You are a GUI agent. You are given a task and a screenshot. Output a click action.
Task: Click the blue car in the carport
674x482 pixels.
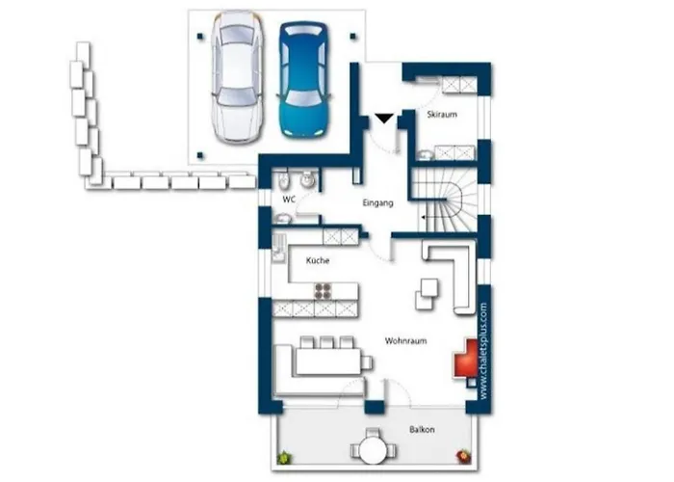pos(304,80)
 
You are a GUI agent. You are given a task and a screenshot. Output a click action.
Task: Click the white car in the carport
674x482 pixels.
pos(237,77)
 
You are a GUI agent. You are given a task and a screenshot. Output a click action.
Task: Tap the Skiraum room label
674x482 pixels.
pos(442,115)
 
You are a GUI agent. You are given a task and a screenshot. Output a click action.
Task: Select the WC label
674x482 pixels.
pos(289,200)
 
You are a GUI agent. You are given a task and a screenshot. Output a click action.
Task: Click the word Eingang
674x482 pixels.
pos(377,202)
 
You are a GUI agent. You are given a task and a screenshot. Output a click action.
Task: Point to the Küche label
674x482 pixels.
pos(318,260)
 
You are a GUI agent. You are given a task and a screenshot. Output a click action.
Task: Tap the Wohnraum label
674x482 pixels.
pos(405,341)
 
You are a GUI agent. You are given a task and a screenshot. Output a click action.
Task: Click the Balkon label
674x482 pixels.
pos(422,430)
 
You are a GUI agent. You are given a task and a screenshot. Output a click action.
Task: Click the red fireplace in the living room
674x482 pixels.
pos(465,359)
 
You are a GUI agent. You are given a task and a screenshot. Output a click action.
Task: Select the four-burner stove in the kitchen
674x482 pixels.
pos(323,291)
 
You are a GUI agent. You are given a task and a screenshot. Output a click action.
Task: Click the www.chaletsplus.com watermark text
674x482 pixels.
pos(483,351)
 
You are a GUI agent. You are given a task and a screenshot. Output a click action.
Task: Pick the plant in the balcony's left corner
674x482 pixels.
pos(284,457)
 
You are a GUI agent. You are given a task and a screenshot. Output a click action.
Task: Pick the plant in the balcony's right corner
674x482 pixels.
pos(463,456)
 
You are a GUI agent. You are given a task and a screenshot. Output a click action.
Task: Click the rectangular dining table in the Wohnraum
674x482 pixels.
pos(329,361)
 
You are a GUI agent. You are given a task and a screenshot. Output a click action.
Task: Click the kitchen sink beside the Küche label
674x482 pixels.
pos(278,249)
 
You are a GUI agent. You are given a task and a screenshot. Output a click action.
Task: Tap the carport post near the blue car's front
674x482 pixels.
pos(353,37)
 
